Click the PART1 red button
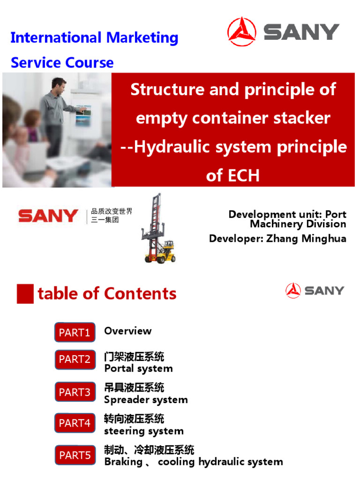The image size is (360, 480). [75, 332]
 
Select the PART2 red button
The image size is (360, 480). [75, 360]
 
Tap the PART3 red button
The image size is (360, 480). [75, 392]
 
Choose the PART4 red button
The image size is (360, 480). [75, 423]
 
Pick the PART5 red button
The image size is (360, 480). [75, 455]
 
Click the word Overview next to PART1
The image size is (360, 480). [128, 331]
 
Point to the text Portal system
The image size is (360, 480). [138, 368]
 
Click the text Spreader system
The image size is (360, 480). [146, 400]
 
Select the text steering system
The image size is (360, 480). [144, 431]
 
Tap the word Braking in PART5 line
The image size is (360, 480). [123, 462]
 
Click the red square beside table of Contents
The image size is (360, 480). [25, 294]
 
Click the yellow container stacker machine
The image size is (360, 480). [157, 230]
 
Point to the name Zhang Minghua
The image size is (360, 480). [306, 239]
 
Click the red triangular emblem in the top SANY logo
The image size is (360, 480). [242, 32]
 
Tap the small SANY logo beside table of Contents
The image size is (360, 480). [315, 291]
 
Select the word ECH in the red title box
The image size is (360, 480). [232, 175]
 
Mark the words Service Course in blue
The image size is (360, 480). [62, 62]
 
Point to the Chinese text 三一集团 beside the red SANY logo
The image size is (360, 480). [105, 220]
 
